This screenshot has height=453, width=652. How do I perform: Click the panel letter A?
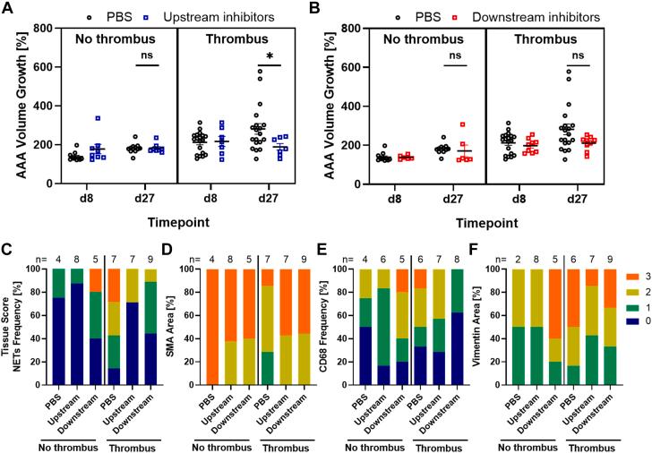click(9, 11)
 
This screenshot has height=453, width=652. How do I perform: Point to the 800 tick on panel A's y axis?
click(45, 29)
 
